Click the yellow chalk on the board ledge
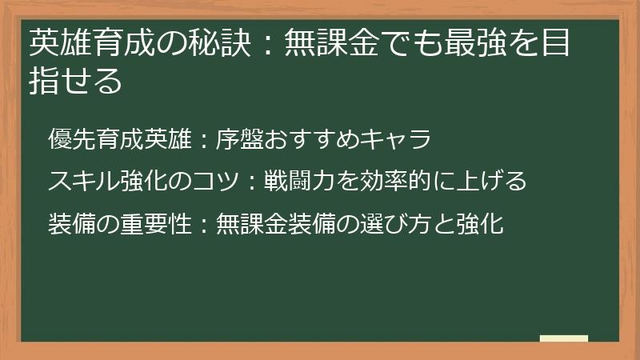pyautogui.click(x=564, y=338)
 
